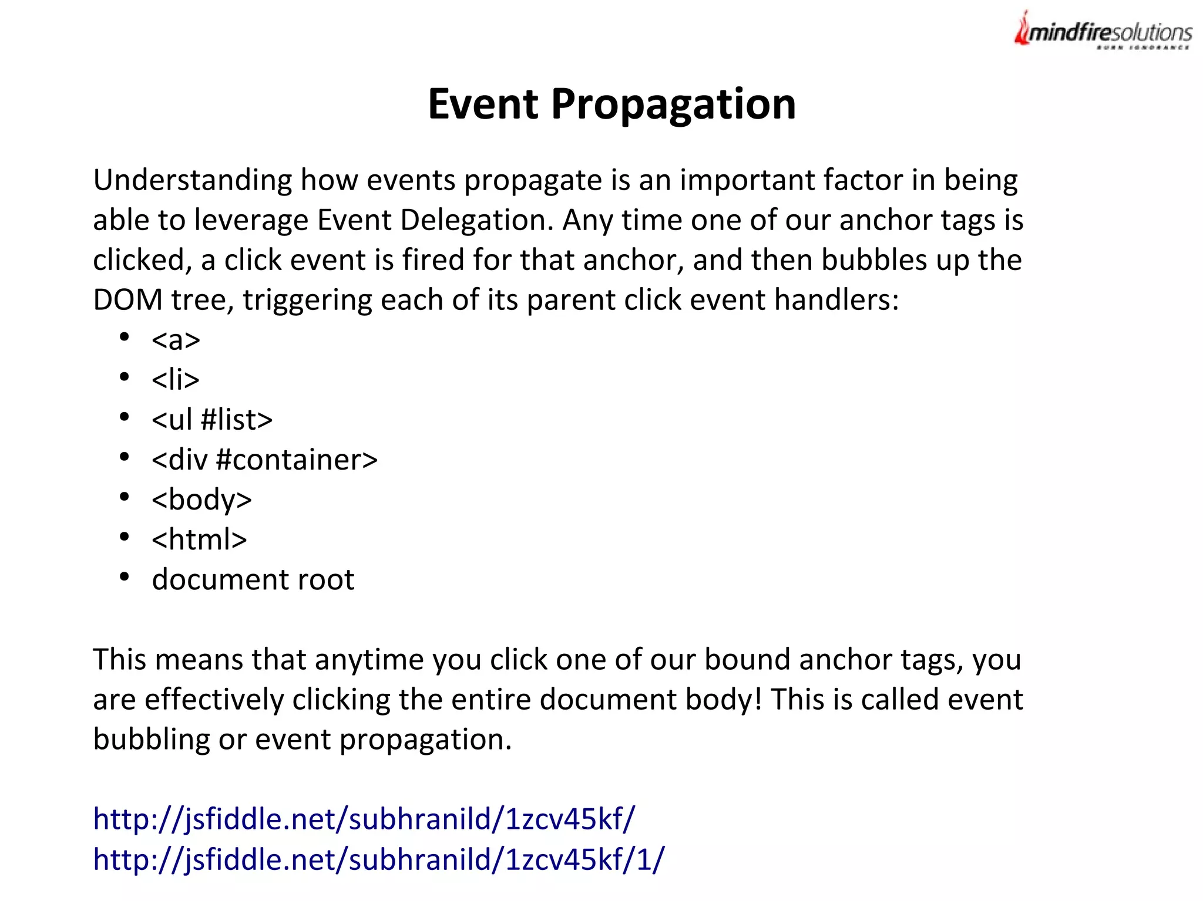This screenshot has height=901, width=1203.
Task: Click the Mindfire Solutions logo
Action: click(x=1103, y=31)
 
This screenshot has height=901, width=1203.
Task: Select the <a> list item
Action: click(x=176, y=340)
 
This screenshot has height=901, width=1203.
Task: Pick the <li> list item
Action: click(x=175, y=379)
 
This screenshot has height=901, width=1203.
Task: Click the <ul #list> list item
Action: click(x=211, y=420)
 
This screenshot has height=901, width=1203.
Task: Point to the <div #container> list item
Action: click(x=264, y=460)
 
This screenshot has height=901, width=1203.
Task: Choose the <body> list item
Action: click(x=201, y=500)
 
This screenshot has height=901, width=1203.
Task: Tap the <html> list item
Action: click(x=199, y=539)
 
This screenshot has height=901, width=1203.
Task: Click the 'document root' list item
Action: click(x=253, y=580)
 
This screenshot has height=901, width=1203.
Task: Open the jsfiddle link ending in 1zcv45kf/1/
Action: click(x=379, y=859)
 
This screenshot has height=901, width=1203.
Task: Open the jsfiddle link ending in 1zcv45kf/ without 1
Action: click(x=364, y=819)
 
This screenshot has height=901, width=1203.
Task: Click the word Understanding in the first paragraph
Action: click(x=192, y=180)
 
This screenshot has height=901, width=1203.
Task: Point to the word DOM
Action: click(x=127, y=300)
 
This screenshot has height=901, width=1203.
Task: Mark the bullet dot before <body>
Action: click(x=124, y=497)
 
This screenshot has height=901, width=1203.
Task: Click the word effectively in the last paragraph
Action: click(x=214, y=700)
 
